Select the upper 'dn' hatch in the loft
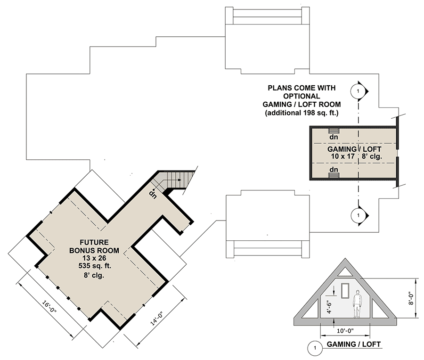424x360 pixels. click(334, 131)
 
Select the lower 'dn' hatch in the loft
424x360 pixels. click(334, 175)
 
